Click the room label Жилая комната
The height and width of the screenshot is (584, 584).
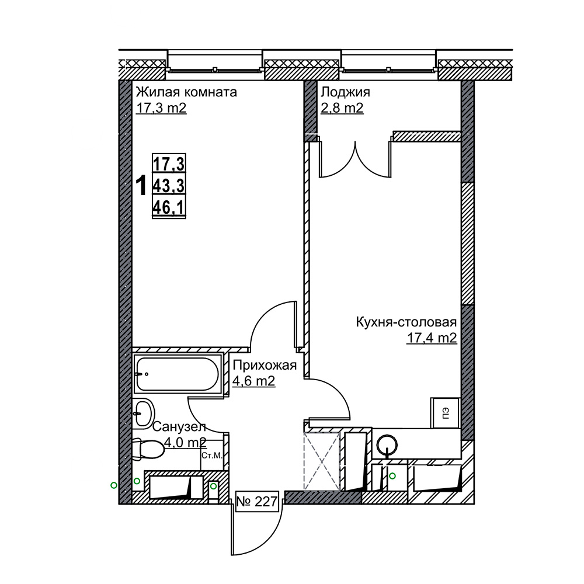(x=186, y=92)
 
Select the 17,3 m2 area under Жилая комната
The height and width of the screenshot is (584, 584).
(x=161, y=109)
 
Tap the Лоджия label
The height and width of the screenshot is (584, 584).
(x=345, y=92)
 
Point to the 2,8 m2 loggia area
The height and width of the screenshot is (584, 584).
(x=342, y=109)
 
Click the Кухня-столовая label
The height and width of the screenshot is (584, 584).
(x=406, y=322)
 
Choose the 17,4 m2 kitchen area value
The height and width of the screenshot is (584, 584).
(x=432, y=338)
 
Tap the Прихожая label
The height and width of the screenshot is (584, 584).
(x=265, y=366)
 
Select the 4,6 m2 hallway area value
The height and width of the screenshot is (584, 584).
(x=254, y=381)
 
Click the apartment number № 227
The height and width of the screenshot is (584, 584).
(x=258, y=502)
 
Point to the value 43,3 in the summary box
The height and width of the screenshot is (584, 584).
(x=169, y=185)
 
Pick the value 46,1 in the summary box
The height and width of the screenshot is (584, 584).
(x=169, y=207)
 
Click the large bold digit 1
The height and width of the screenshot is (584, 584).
(x=141, y=186)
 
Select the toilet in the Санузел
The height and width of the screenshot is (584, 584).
(x=148, y=449)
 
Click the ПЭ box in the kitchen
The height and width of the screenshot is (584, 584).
(x=446, y=413)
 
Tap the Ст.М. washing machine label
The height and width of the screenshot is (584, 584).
(x=211, y=456)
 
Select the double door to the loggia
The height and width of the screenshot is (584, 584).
(x=355, y=159)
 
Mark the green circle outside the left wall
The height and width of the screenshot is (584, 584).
(x=114, y=485)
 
